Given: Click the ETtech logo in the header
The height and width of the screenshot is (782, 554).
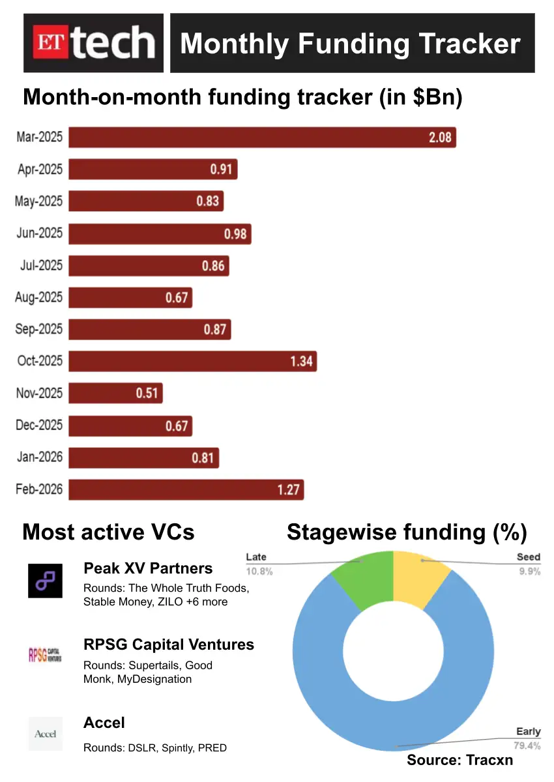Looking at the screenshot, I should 93,43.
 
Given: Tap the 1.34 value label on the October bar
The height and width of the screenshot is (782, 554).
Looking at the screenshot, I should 302,361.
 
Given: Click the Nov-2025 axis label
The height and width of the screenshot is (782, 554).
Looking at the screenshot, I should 40,393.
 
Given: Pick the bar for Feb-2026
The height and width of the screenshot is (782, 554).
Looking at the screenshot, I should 186,489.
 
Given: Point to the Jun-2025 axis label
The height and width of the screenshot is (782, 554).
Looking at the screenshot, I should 40,233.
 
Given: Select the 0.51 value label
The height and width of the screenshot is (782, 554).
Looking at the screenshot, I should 147,393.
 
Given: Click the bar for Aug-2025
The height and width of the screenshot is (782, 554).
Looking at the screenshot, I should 130,297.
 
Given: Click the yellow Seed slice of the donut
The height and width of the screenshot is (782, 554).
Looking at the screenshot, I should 420,574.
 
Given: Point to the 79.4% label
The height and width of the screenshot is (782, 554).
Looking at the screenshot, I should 528,746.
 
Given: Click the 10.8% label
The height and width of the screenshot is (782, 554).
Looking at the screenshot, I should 259,572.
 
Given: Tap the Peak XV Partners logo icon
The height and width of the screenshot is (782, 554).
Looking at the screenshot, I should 46,581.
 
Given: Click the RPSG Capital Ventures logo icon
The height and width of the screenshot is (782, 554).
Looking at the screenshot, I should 45,655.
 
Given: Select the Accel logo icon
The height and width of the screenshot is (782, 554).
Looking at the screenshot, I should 45,733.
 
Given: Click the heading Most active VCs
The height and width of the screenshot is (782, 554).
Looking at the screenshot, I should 108,532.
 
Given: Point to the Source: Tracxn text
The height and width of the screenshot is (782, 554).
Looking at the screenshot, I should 460,760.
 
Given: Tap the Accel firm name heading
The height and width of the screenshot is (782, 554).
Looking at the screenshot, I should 104,723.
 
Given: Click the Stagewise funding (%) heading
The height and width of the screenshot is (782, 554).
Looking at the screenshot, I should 407,532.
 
